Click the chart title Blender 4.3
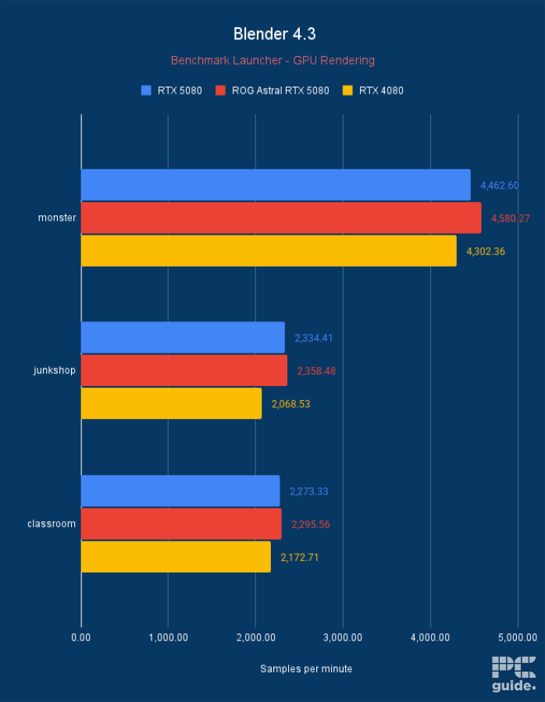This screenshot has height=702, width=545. pyautogui.click(x=273, y=34)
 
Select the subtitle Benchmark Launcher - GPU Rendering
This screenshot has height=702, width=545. pyautogui.click(x=272, y=60)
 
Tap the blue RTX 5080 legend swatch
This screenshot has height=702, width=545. pyautogui.click(x=146, y=90)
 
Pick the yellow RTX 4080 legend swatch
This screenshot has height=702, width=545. pyautogui.click(x=347, y=90)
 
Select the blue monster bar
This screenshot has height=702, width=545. pyautogui.click(x=276, y=185)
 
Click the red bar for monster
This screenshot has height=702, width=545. pyautogui.click(x=281, y=218)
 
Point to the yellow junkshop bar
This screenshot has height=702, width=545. pyautogui.click(x=171, y=403)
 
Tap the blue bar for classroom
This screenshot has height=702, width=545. pyautogui.click(x=180, y=491)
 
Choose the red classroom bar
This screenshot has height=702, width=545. pyautogui.click(x=181, y=524)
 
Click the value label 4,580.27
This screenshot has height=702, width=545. pyautogui.click(x=510, y=218)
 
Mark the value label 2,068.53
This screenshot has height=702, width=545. pyautogui.click(x=290, y=404)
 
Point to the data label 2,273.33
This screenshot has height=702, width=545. pyautogui.click(x=308, y=491)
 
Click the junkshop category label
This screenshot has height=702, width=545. pyautogui.click(x=55, y=370)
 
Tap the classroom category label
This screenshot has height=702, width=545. pyautogui.click(x=52, y=523)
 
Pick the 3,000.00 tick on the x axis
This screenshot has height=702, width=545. pyautogui.click(x=344, y=637)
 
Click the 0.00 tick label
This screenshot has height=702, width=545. pyautogui.click(x=81, y=637)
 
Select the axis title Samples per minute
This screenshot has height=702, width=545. pyautogui.click(x=306, y=668)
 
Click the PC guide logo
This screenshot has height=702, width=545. pyautogui.click(x=513, y=674)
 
